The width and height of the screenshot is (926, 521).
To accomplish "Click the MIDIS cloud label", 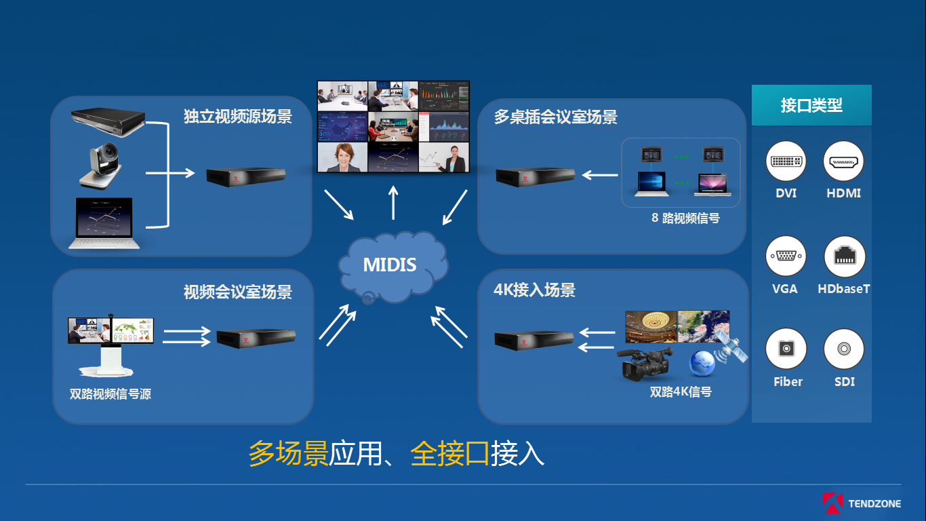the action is (x=389, y=265).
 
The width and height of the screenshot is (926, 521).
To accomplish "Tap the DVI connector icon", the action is (x=786, y=161).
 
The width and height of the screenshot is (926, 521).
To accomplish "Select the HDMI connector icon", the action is (x=843, y=161).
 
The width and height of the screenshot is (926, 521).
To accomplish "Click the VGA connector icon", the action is (x=786, y=256).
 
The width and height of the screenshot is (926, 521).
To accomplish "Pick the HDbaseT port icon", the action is (x=844, y=256).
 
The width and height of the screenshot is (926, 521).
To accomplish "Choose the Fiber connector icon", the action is (x=786, y=349).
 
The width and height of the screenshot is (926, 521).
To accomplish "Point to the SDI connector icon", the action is (x=844, y=349).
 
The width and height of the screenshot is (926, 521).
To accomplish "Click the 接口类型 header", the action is (x=811, y=105).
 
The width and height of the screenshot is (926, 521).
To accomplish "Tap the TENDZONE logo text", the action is (x=874, y=503).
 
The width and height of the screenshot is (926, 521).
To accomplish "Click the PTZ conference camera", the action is (x=100, y=166).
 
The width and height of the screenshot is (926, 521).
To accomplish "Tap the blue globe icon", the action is (x=702, y=364).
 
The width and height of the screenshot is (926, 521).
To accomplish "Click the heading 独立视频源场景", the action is (x=238, y=116).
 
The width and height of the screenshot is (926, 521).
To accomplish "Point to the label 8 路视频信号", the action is (x=685, y=218).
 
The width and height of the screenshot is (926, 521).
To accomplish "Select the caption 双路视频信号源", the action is (x=110, y=393).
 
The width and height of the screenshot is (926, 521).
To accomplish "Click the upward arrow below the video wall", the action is (x=393, y=202).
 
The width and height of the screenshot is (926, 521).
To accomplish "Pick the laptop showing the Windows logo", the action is (x=651, y=184).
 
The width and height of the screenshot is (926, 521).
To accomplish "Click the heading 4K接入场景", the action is (x=534, y=290).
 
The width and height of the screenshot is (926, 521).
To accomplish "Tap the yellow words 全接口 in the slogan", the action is (x=449, y=454).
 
